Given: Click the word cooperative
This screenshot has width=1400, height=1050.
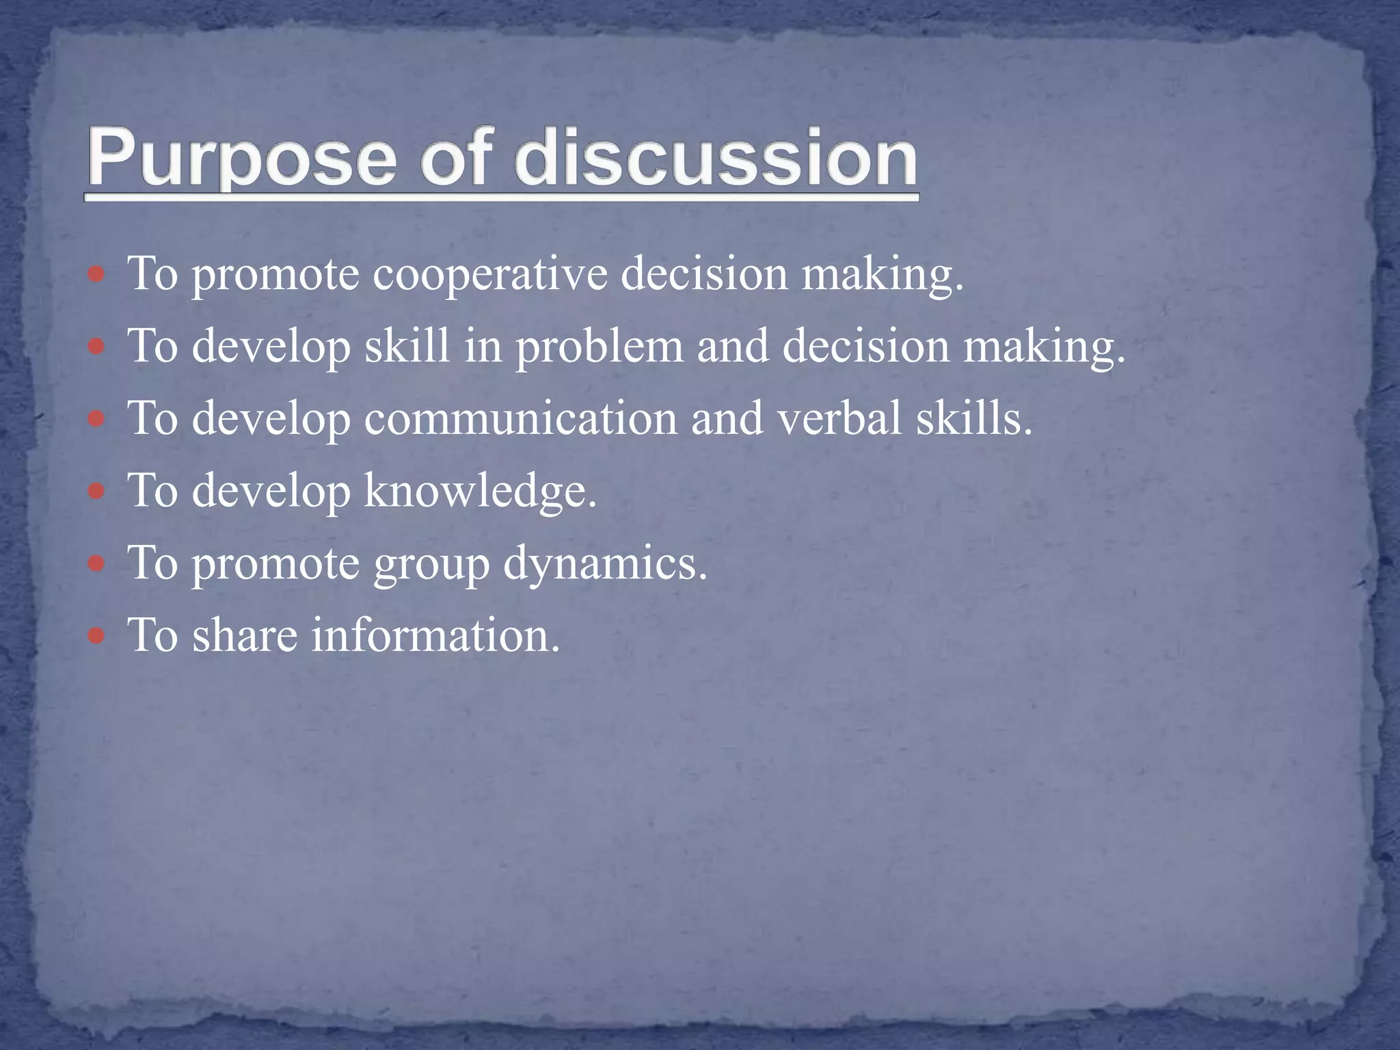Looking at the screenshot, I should click(490, 275).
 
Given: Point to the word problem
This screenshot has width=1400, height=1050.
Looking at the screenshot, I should click(599, 347).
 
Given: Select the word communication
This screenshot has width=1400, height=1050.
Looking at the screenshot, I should click(520, 418).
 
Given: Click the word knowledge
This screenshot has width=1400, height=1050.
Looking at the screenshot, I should click(480, 491).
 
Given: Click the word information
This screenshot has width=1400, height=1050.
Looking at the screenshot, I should click(435, 635).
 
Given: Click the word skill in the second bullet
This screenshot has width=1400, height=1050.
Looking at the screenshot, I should click(407, 346).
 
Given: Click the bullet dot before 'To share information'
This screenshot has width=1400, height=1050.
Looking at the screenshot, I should click(96, 636).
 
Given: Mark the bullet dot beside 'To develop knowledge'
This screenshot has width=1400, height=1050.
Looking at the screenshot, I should click(96, 492).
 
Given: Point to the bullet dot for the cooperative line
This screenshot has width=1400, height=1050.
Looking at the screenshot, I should click(96, 275).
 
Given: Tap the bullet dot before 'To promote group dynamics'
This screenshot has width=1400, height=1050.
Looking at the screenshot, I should click(96, 564).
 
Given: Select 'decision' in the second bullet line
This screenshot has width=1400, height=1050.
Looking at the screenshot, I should click(865, 347).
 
